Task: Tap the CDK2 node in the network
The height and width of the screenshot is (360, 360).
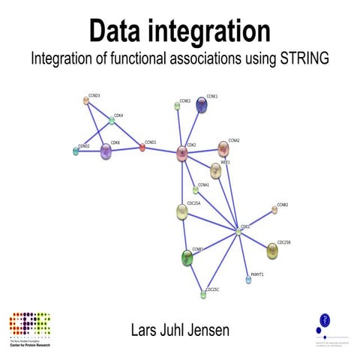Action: point(182,154)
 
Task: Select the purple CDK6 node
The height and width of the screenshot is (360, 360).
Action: point(106,151)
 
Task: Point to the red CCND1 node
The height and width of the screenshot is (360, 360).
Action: point(142,148)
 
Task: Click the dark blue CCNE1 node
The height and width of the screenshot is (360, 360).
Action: point(202,106)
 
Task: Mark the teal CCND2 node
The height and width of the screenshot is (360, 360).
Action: point(76,151)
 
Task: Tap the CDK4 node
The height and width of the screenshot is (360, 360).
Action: point(112,120)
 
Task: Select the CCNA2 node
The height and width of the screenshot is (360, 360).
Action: point(223,148)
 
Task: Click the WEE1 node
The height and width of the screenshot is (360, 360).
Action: point(215,171)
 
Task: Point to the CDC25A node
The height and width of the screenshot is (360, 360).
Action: point(182,213)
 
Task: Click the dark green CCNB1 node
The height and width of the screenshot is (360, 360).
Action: point(187,258)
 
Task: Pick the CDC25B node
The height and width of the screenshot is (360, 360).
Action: point(272,251)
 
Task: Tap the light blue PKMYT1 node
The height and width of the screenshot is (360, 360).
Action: point(248,280)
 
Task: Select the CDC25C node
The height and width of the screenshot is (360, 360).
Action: point(203,295)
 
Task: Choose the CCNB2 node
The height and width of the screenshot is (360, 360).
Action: point(274,210)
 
